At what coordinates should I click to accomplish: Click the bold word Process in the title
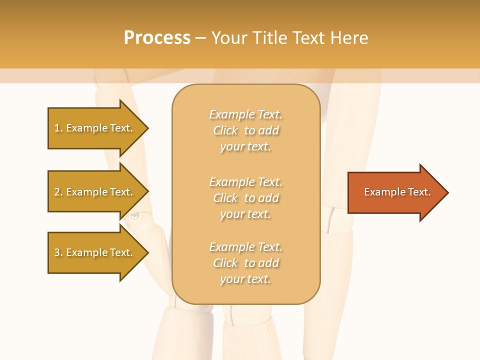(x=157, y=38)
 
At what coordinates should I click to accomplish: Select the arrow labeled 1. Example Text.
(x=95, y=128)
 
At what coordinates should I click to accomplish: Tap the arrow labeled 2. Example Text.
(x=95, y=192)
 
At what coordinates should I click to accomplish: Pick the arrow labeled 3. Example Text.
(x=95, y=252)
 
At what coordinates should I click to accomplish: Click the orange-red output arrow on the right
(x=395, y=192)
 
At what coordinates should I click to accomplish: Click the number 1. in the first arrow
(x=58, y=128)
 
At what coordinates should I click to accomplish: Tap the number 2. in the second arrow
(x=58, y=192)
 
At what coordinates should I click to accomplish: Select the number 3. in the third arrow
(x=58, y=252)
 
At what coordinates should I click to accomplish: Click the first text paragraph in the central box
(x=245, y=130)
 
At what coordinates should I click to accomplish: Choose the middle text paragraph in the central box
(x=245, y=198)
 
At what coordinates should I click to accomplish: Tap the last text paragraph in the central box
(x=245, y=263)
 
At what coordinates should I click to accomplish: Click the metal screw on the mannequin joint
(x=134, y=216)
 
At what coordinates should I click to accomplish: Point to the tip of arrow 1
(x=147, y=128)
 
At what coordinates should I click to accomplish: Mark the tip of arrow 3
(x=147, y=252)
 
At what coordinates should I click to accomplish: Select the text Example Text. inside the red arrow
(x=397, y=192)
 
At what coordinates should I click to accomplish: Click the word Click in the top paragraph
(x=225, y=130)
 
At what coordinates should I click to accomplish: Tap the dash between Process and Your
(x=201, y=38)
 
